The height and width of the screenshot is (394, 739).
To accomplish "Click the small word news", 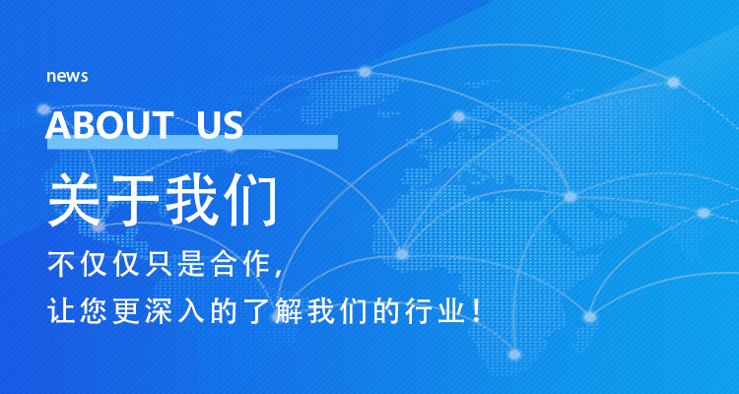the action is [67, 77].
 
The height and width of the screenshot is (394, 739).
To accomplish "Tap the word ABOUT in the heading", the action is [107, 125].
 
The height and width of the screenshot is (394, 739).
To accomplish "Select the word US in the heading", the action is [220, 125].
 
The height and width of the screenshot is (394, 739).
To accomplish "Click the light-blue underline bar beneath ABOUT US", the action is [192, 142].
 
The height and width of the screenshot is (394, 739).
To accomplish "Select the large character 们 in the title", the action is [249, 200].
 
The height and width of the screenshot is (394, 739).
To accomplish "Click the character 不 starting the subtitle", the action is [60, 264].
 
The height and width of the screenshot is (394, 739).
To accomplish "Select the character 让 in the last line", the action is [60, 311].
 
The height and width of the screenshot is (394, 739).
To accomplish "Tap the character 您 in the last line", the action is [93, 311].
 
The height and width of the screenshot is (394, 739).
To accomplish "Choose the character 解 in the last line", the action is [288, 311].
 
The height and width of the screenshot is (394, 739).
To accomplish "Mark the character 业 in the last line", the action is [450, 311].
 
